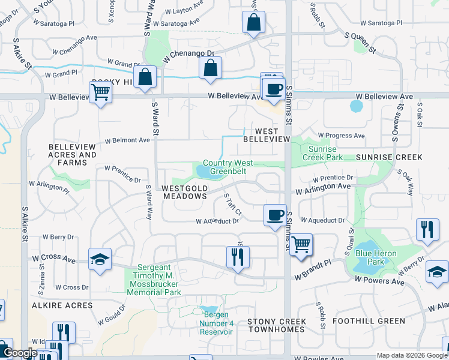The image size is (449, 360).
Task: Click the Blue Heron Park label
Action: click(x=376, y=257)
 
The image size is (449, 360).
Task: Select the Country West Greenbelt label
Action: click(x=228, y=167)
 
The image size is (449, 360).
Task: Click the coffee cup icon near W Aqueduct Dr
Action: click(x=276, y=215)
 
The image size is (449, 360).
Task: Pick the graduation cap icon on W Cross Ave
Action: click(x=100, y=259)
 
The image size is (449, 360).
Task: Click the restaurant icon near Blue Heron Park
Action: click(x=427, y=230)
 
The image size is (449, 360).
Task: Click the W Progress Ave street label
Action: click(x=341, y=136)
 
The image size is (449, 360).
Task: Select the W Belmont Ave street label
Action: click(x=127, y=140)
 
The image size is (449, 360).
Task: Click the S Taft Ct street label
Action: click(x=232, y=205)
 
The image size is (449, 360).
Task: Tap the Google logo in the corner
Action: click(x=20, y=353)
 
